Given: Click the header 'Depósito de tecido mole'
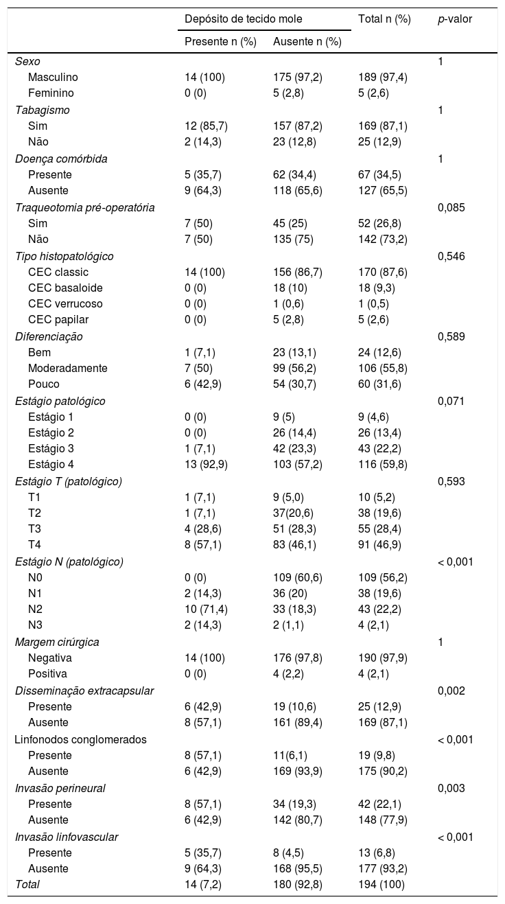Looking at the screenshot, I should tap(244, 19).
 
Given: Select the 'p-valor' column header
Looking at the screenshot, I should tap(455, 19).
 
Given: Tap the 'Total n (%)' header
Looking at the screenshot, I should tap(384, 19).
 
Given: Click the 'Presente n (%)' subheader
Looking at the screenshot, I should tap(220, 41).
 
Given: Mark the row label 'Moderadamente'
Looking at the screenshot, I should tap(68, 368).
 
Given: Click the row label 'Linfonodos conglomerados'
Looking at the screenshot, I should tap(80, 739).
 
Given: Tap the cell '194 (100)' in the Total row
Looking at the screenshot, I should tap(381, 885).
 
